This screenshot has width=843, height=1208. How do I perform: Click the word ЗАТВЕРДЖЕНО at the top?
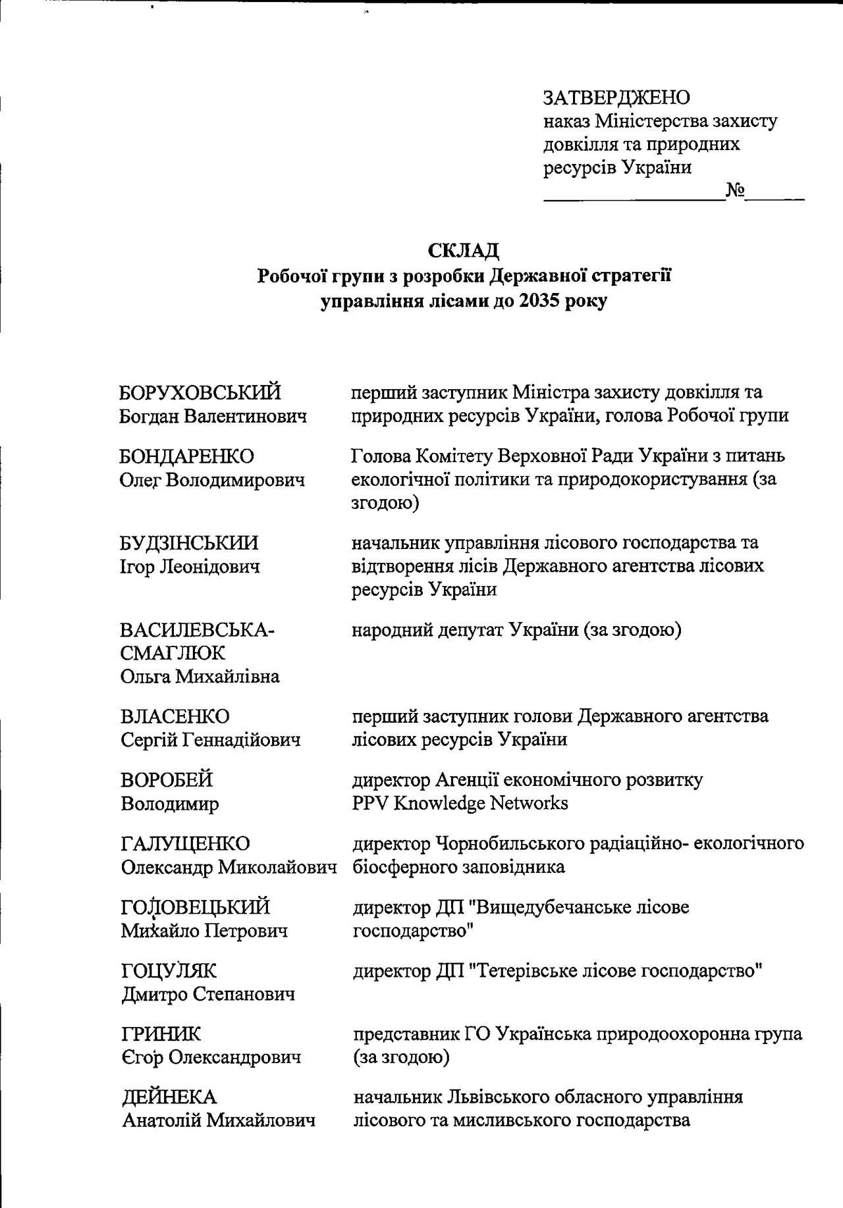(616, 97)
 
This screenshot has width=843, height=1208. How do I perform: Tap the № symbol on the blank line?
(735, 190)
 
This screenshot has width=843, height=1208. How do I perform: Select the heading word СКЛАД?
(464, 251)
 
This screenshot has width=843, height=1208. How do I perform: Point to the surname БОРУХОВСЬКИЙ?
(200, 392)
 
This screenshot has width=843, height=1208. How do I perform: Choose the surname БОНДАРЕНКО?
(186, 456)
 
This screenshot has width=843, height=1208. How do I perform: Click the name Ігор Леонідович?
(189, 566)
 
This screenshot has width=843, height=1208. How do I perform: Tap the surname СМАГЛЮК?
(173, 653)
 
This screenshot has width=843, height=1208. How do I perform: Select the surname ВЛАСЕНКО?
(175, 716)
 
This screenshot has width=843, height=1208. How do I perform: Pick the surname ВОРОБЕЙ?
(167, 780)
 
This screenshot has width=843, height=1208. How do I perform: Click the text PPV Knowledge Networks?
(460, 803)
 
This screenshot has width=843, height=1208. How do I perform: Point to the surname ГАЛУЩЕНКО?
(186, 844)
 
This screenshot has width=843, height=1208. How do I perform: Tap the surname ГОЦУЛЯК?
(169, 971)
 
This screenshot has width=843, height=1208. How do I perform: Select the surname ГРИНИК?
(161, 1034)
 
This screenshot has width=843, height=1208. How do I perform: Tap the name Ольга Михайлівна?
(200, 676)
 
